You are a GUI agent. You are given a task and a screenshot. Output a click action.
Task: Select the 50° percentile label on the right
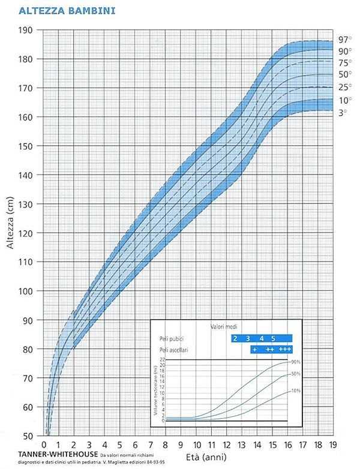click(344, 74)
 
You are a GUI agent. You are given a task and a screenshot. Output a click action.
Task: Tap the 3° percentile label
click(342, 112)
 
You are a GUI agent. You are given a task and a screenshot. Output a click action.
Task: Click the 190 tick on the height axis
click(25, 30)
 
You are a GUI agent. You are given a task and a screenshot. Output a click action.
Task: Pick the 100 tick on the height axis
click(25, 291)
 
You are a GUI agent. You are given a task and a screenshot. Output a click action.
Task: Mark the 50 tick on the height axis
click(28, 436)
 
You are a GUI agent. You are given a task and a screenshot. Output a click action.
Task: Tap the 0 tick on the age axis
click(44, 445)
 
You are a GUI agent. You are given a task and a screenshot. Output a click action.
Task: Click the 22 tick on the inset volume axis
click(163, 359)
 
